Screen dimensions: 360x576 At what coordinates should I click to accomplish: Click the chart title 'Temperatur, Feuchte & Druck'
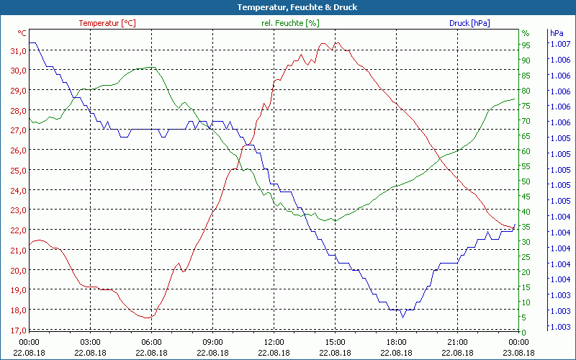[x=287, y=7]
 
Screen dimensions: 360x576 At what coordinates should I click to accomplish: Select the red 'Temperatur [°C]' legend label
[x=107, y=23]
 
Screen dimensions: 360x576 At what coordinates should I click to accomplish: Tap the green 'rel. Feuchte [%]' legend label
[x=289, y=23]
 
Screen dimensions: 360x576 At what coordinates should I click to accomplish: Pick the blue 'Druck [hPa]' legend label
[x=469, y=23]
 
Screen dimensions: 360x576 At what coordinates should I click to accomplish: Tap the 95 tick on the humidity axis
[x=526, y=45]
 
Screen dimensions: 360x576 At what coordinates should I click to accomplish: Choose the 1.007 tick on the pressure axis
[x=559, y=45]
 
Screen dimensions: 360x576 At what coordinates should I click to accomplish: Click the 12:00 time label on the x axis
[x=274, y=342]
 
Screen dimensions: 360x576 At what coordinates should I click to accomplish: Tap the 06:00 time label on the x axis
[x=151, y=342]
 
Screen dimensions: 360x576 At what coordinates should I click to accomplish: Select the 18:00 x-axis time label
[x=396, y=342]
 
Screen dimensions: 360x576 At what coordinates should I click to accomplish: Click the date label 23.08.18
[x=519, y=352]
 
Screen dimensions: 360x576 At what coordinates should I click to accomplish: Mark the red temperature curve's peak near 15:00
[x=324, y=43]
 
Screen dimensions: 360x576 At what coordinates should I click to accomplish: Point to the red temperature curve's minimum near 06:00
[x=147, y=318]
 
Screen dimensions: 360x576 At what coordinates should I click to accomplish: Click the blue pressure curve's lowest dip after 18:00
[x=403, y=316]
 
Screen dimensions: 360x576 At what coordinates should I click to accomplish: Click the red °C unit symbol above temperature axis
[x=22, y=33]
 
